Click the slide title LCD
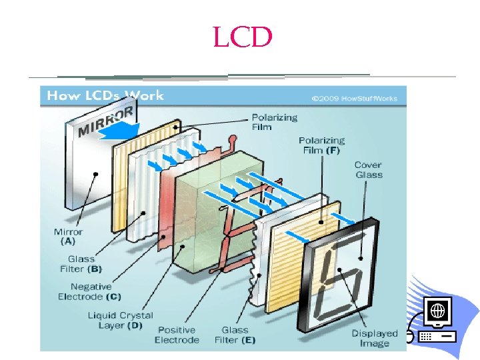pyautogui.click(x=243, y=37)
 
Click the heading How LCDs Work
pyautogui.click(x=105, y=95)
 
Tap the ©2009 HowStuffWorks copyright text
pyautogui.click(x=354, y=98)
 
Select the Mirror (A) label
pyautogui.click(x=68, y=236)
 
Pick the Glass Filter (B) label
pyautogui.click(x=84, y=263)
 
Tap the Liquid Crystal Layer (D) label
pyautogui.click(x=121, y=319)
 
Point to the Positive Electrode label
pyautogui.click(x=177, y=335)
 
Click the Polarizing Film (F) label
pyautogui.click(x=321, y=145)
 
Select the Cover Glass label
pyautogui.click(x=369, y=169)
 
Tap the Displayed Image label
pyautogui.click(x=375, y=338)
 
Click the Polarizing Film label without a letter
pyautogui.click(x=274, y=122)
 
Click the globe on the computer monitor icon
pyautogui.click(x=437, y=310)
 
